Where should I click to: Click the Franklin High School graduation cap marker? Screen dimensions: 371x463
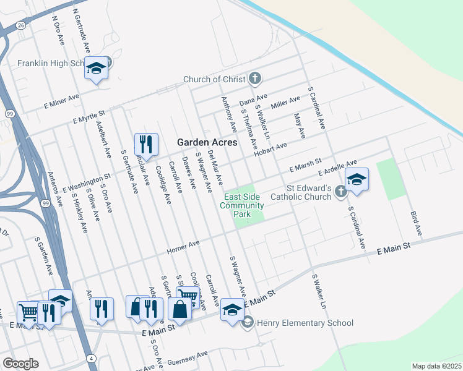(96, 68)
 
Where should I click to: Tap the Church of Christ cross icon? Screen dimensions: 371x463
(254, 79)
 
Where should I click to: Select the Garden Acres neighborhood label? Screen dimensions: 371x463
(207, 142)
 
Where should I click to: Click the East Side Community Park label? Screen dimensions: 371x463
(244, 205)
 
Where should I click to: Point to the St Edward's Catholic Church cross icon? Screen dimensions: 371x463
(340, 193)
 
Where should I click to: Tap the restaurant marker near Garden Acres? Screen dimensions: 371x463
(146, 145)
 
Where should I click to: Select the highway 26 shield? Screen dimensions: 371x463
(21, 25)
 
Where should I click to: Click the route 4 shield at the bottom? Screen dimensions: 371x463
(91, 359)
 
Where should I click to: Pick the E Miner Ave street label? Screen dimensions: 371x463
(61, 101)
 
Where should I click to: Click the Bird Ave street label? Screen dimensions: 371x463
(415, 223)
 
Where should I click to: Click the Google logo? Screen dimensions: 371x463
(20, 364)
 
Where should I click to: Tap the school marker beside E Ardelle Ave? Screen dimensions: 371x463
(357, 180)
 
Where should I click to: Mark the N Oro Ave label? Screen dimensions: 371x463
(59, 30)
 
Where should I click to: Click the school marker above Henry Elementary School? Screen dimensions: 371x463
(232, 310)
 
